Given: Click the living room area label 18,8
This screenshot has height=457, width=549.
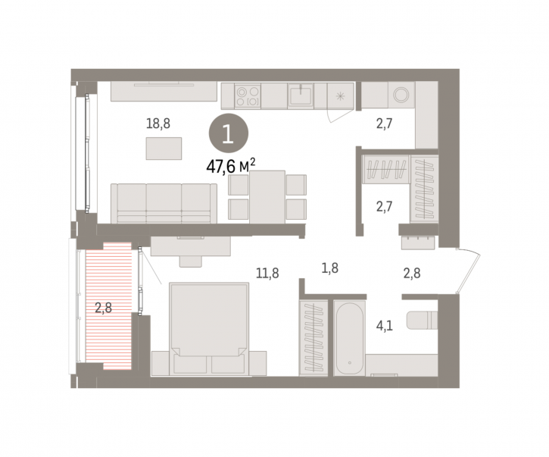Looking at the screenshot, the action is (x=158, y=124).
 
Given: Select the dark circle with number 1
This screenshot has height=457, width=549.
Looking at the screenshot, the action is (x=229, y=133).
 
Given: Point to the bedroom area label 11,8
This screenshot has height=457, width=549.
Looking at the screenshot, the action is (x=267, y=273).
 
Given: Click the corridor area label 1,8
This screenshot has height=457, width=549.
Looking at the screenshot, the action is (x=329, y=268).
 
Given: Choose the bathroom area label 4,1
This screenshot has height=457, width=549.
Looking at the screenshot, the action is (x=384, y=326).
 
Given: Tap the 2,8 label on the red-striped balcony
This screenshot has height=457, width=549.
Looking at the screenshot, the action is (x=103, y=308).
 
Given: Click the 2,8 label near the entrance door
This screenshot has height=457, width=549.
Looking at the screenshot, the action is (x=412, y=273).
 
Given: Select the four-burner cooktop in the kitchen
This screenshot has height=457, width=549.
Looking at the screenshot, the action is (x=248, y=96).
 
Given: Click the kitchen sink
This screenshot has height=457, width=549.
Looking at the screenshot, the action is (x=301, y=95).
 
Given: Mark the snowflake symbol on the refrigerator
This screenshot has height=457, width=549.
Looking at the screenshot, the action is (x=340, y=96).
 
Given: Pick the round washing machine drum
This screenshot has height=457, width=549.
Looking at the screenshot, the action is (x=401, y=95).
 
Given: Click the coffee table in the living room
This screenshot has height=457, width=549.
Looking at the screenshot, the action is (x=164, y=149).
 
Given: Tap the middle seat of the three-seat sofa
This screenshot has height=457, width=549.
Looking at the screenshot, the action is (x=164, y=203).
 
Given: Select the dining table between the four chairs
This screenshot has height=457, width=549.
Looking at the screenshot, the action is (x=267, y=197).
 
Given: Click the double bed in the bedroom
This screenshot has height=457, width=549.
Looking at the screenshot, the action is (x=209, y=329).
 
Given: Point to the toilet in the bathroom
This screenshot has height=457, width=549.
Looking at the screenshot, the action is (x=422, y=320).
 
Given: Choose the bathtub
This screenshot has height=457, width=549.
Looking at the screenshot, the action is (x=349, y=337).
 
